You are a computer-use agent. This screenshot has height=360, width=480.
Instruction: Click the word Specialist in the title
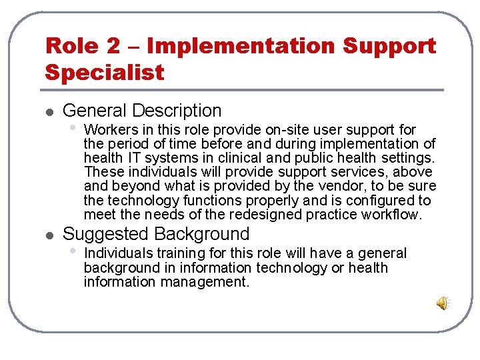105,72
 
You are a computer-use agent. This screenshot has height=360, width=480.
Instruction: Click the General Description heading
142,111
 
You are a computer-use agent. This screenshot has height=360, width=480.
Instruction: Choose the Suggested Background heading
156,234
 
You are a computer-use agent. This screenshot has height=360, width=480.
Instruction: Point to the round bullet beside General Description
49,112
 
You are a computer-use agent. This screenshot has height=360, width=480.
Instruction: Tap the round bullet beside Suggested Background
49,235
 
